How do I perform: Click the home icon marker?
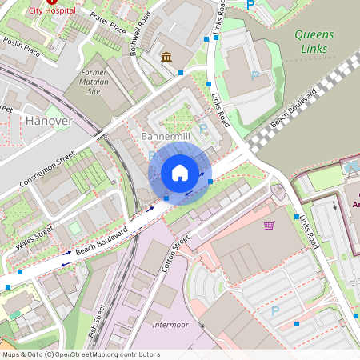(180, 172)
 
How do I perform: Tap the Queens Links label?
(314, 41)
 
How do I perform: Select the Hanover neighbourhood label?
(48, 120)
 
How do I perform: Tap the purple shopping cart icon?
(269, 226)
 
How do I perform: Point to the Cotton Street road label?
(175, 253)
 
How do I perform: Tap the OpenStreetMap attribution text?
(80, 354)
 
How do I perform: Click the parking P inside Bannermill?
(202, 129)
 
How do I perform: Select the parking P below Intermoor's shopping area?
(275, 310)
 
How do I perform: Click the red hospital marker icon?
(52, 2)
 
